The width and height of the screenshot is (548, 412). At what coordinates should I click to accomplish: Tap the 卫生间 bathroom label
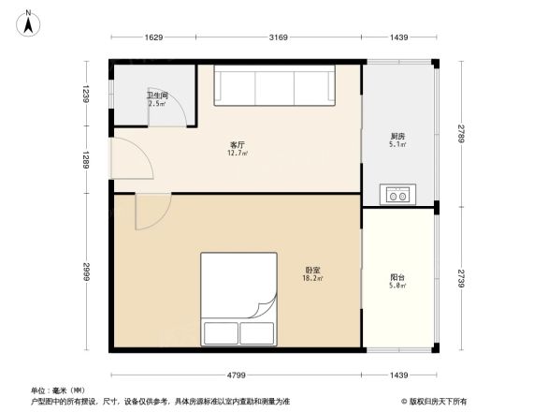coord(156,96)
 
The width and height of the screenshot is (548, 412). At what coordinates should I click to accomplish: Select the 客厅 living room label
coord(238,145)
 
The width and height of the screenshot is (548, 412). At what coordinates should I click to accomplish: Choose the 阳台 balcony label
coord(397,278)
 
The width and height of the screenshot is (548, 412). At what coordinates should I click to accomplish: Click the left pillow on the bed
coord(221,333)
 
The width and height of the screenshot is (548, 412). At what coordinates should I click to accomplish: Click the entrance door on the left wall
coord(123,160)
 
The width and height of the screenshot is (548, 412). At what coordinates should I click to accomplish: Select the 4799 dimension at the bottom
coord(237,375)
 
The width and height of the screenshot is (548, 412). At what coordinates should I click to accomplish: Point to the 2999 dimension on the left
coord(85,272)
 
